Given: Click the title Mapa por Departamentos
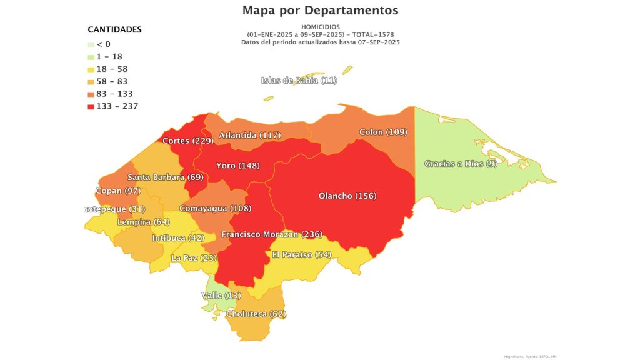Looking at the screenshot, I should pyautogui.click(x=320, y=11).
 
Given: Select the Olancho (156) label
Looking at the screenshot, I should pyautogui.click(x=347, y=196).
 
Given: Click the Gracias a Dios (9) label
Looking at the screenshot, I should pyautogui.click(x=452, y=164).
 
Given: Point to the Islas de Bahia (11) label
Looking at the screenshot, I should pyautogui.click(x=299, y=80).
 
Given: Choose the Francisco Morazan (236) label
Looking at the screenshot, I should pyautogui.click(x=271, y=234).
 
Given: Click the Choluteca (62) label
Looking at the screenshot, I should pyautogui.click(x=256, y=314).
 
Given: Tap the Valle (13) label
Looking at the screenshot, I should pyautogui.click(x=221, y=295).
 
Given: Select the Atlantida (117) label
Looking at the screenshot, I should pyautogui.click(x=249, y=135).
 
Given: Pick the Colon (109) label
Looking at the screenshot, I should pyautogui.click(x=383, y=132).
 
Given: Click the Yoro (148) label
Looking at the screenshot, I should pyautogui.click(x=237, y=166).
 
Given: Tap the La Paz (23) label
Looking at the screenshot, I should pyautogui.click(x=194, y=257).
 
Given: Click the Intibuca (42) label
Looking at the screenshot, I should pyautogui.click(x=178, y=237).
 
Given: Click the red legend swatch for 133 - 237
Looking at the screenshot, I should pyautogui.click(x=91, y=106).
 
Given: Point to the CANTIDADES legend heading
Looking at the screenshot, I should pyautogui.click(x=114, y=29).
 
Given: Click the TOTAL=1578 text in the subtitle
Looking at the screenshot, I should pyautogui.click(x=372, y=34).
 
